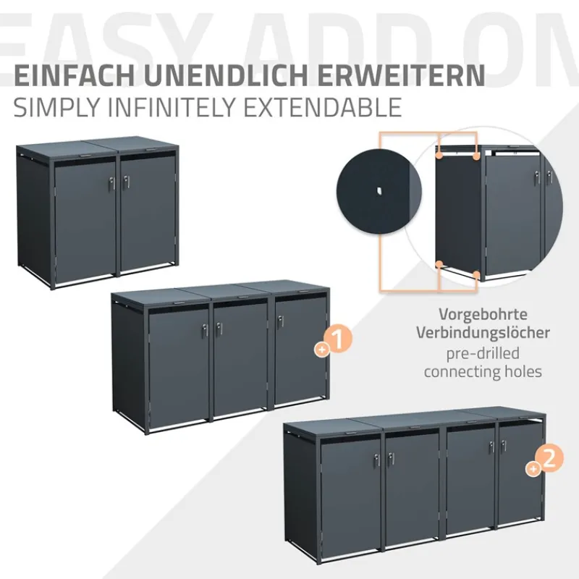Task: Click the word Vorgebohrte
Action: click(x=482, y=316)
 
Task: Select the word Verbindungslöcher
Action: click(x=482, y=334)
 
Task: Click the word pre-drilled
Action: click(x=482, y=354)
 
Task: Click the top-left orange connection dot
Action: click(x=439, y=154)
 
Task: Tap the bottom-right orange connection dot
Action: click(x=476, y=274)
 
